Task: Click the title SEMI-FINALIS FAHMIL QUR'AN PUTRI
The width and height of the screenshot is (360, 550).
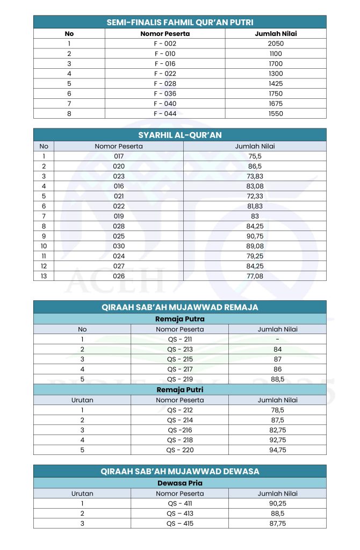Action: click(179, 22)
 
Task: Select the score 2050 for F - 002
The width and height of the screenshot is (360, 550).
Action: click(276, 44)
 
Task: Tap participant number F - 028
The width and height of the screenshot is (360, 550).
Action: click(165, 84)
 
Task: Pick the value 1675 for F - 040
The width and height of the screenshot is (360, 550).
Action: click(276, 104)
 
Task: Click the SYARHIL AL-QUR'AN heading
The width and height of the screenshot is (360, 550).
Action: click(179, 135)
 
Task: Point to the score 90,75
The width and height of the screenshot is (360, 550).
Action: click(255, 236)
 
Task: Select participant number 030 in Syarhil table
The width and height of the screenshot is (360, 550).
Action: click(119, 246)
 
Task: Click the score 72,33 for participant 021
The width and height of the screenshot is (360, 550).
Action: click(255, 196)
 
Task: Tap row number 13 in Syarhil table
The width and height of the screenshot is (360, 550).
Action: click(44, 276)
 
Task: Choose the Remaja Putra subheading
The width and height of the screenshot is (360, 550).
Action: click(179, 319)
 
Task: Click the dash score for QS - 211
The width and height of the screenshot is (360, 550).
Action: click(277, 339)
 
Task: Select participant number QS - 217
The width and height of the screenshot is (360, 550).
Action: click(179, 369)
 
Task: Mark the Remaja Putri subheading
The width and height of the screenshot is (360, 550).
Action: click(179, 390)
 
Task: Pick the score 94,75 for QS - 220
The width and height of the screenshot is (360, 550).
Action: click(277, 450)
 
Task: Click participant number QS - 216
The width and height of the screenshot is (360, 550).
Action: click(179, 430)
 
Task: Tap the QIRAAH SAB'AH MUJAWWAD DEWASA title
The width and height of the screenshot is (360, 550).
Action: click(179, 471)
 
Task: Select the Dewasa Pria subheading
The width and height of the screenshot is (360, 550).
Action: click(179, 483)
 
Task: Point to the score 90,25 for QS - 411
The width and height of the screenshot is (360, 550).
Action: click(277, 503)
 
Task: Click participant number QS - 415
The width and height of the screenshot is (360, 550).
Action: click(179, 523)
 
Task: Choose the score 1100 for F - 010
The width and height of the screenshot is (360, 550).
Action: click(276, 54)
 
